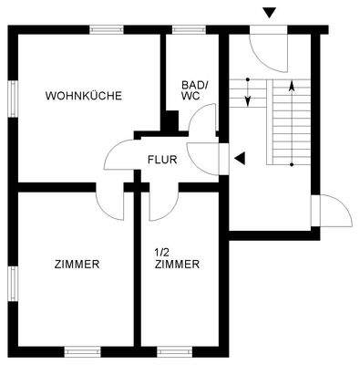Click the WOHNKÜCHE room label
tap(83, 96)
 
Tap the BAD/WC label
tap(194, 89)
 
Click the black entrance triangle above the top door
tap(267, 12)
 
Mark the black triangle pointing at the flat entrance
tap(240, 158)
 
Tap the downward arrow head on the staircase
tap(248, 100)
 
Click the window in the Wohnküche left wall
tap(13, 99)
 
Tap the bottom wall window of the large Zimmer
tap(81, 350)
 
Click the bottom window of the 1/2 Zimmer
tap(175, 350)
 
